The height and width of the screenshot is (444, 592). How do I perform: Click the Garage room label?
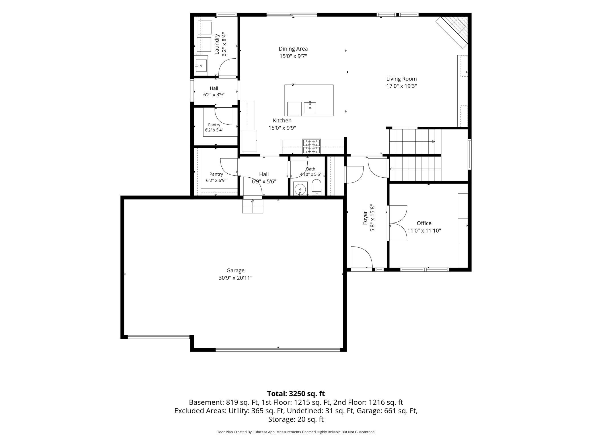pos(235,270)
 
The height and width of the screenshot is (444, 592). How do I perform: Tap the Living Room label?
pos(401,79)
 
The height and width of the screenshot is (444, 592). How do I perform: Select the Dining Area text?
pos(293,49)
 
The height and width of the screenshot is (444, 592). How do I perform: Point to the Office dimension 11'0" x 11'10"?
pos(424,231)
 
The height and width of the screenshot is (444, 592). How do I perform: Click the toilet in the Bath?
pos(316,188)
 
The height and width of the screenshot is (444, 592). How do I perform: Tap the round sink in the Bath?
pos(300,189)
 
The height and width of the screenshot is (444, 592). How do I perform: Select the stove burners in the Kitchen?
pos(311,146)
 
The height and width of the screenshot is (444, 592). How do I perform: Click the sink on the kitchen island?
pos(310,108)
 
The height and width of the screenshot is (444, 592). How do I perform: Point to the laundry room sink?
pos(201,65)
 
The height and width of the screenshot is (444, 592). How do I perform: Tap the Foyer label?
pos(365,218)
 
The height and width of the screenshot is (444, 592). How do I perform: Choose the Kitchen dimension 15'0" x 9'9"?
pos(282,128)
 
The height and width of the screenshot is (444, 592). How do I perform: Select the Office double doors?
pos(398,223)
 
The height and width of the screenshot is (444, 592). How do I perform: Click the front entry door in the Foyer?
pos(361,257)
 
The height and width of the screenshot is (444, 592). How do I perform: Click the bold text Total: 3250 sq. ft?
pos(296,394)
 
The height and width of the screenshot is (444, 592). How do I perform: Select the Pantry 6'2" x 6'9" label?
pos(216,177)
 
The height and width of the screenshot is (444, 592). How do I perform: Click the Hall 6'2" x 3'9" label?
pos(214,91)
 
